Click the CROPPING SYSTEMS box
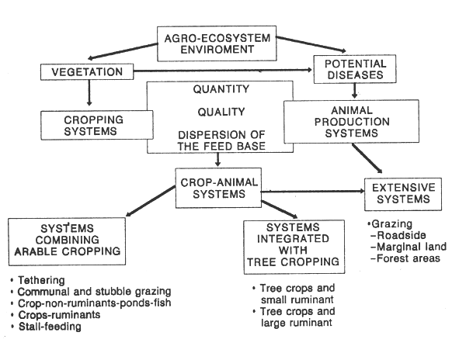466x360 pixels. point(88,124)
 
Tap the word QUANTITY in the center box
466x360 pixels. point(217,88)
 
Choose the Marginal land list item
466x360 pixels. point(405,247)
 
